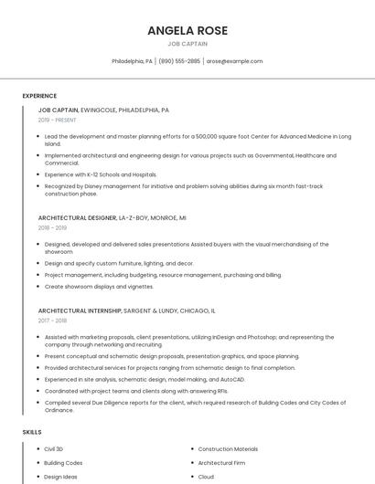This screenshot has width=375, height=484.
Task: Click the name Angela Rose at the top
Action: click(187, 30)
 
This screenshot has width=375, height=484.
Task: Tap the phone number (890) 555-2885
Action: click(179, 61)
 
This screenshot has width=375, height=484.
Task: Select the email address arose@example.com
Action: click(234, 61)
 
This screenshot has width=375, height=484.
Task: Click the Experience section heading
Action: click(39, 96)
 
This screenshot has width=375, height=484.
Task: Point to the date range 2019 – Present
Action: click(58, 120)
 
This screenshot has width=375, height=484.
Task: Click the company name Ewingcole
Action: click(99, 110)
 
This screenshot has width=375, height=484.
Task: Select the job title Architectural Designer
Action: click(77, 218)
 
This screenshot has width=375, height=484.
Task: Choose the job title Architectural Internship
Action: click(80, 310)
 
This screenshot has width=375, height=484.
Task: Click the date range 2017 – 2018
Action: click(53, 321)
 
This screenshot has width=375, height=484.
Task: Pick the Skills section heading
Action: click(31, 431)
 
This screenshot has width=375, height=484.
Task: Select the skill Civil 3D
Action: click(54, 449)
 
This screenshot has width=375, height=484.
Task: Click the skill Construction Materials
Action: click(228, 449)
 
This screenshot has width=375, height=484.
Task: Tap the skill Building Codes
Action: click(63, 463)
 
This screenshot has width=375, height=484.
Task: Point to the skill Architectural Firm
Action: click(222, 463)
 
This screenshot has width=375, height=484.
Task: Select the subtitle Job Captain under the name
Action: click(187, 43)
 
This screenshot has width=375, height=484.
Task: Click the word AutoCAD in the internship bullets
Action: click(231, 378)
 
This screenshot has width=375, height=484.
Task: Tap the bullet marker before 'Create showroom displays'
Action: click(37, 286)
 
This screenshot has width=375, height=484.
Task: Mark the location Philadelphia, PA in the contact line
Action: click(132, 61)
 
